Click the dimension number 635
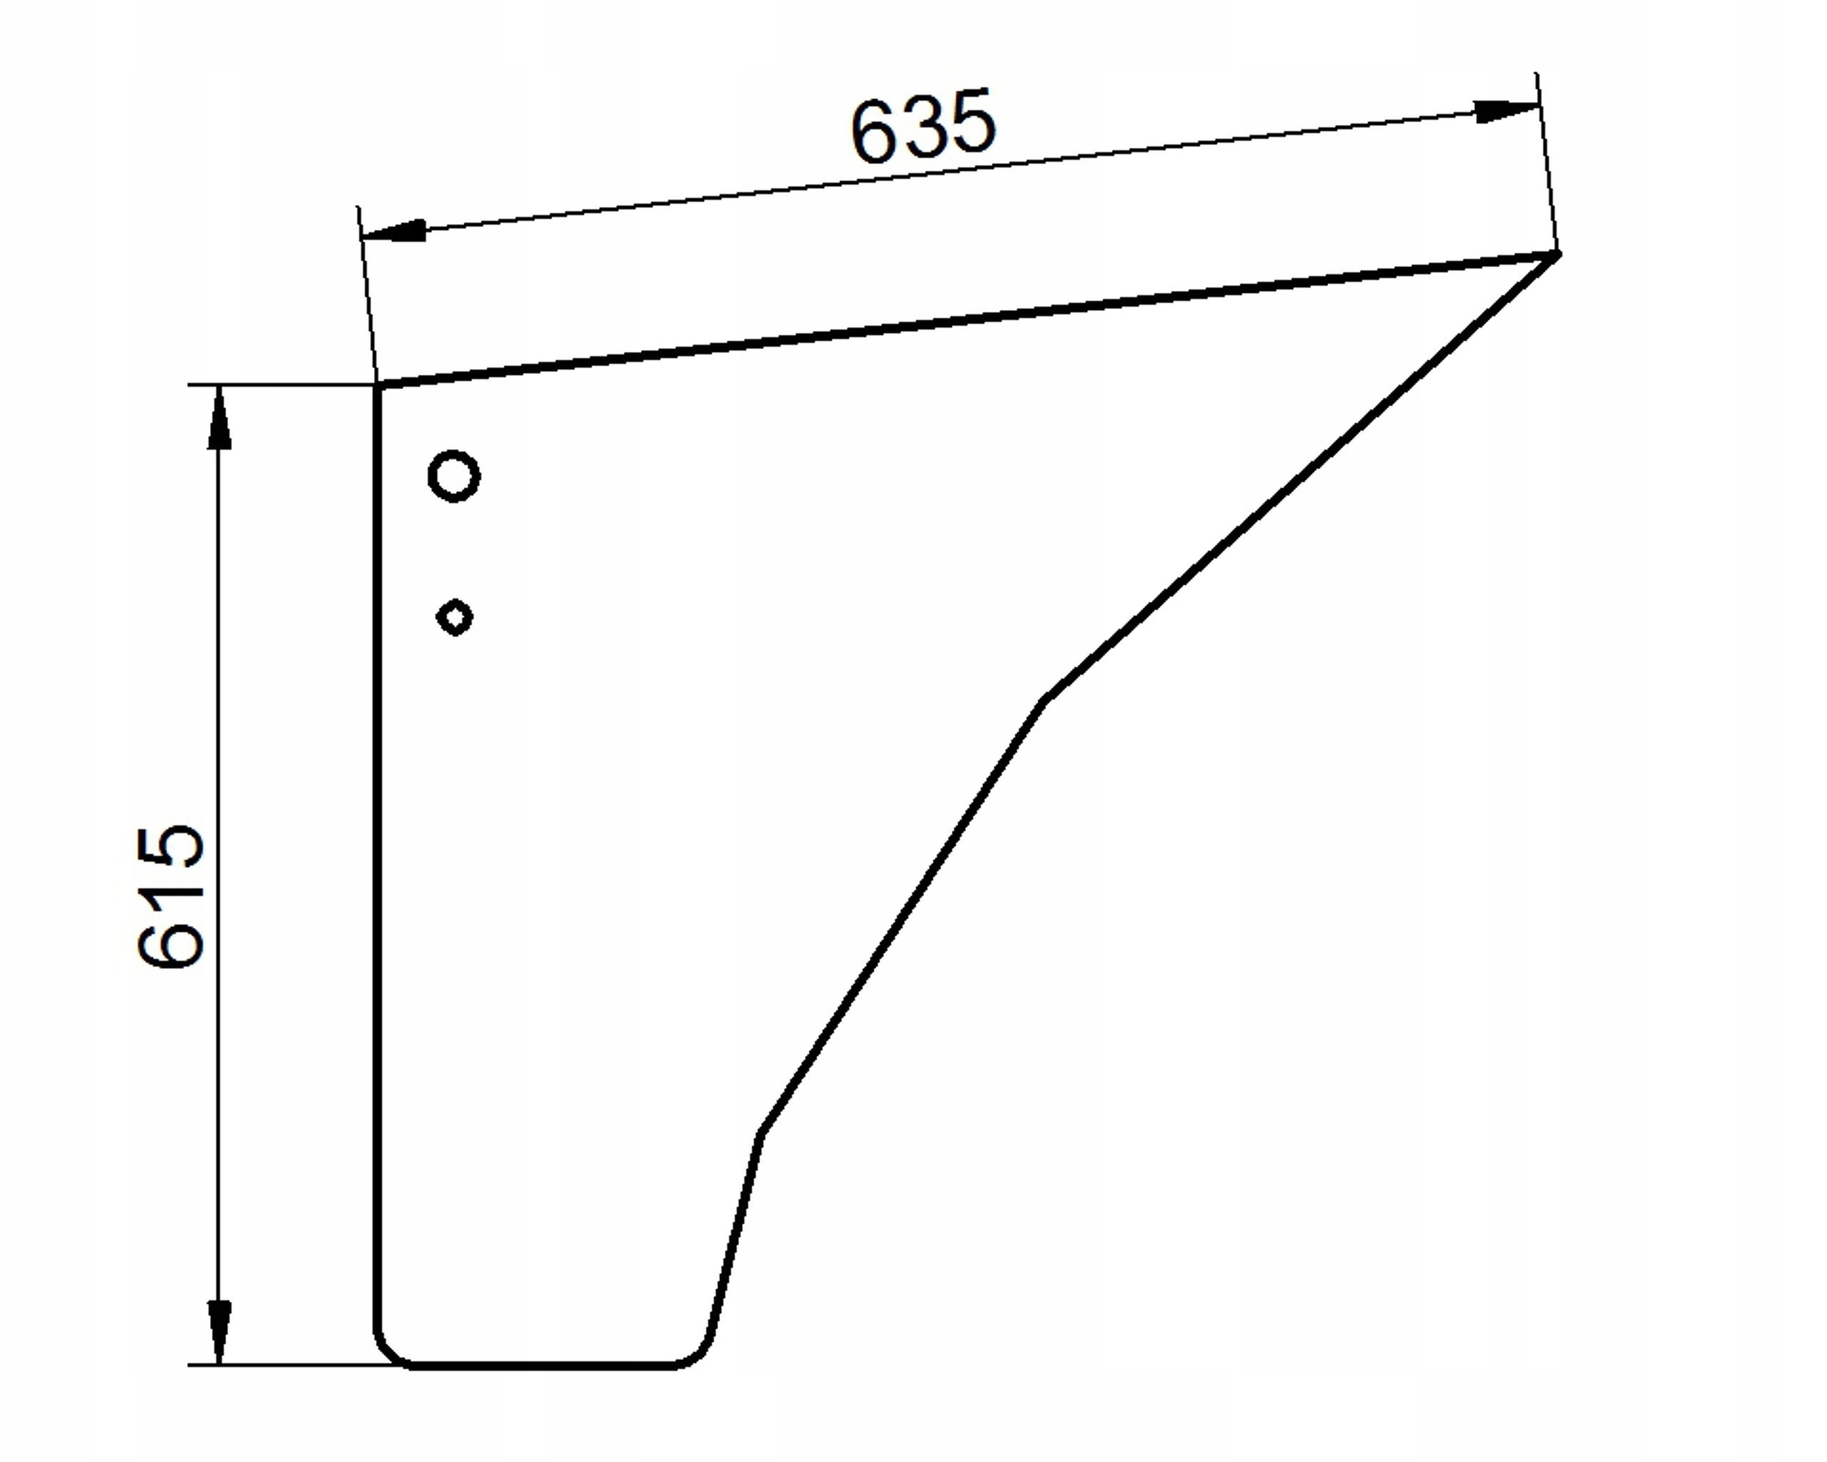(923, 128)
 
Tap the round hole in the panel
(454, 475)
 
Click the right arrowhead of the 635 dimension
(1507, 111)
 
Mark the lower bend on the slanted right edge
(760, 1132)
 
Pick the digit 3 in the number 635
(923, 128)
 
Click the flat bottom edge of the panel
(542, 1366)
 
